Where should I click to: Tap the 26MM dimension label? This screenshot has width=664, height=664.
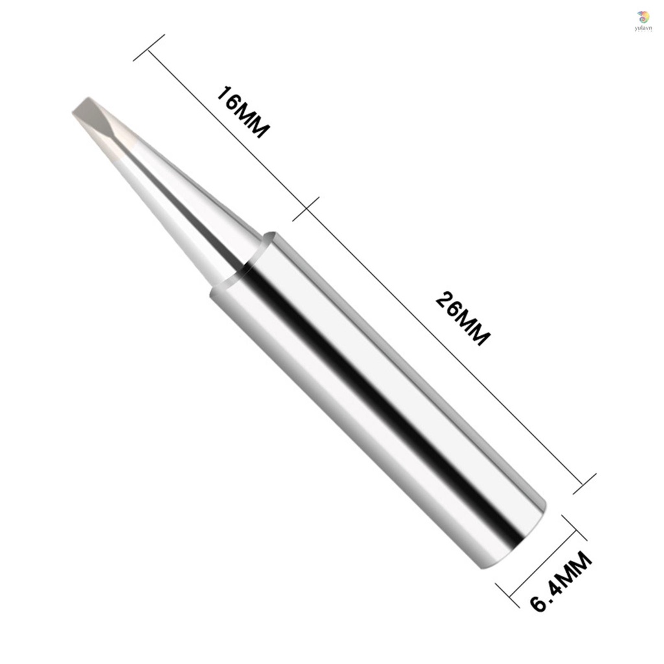point(462,318)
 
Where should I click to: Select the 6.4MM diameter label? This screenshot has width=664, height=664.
point(561,582)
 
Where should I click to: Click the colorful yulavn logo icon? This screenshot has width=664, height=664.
point(643,16)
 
